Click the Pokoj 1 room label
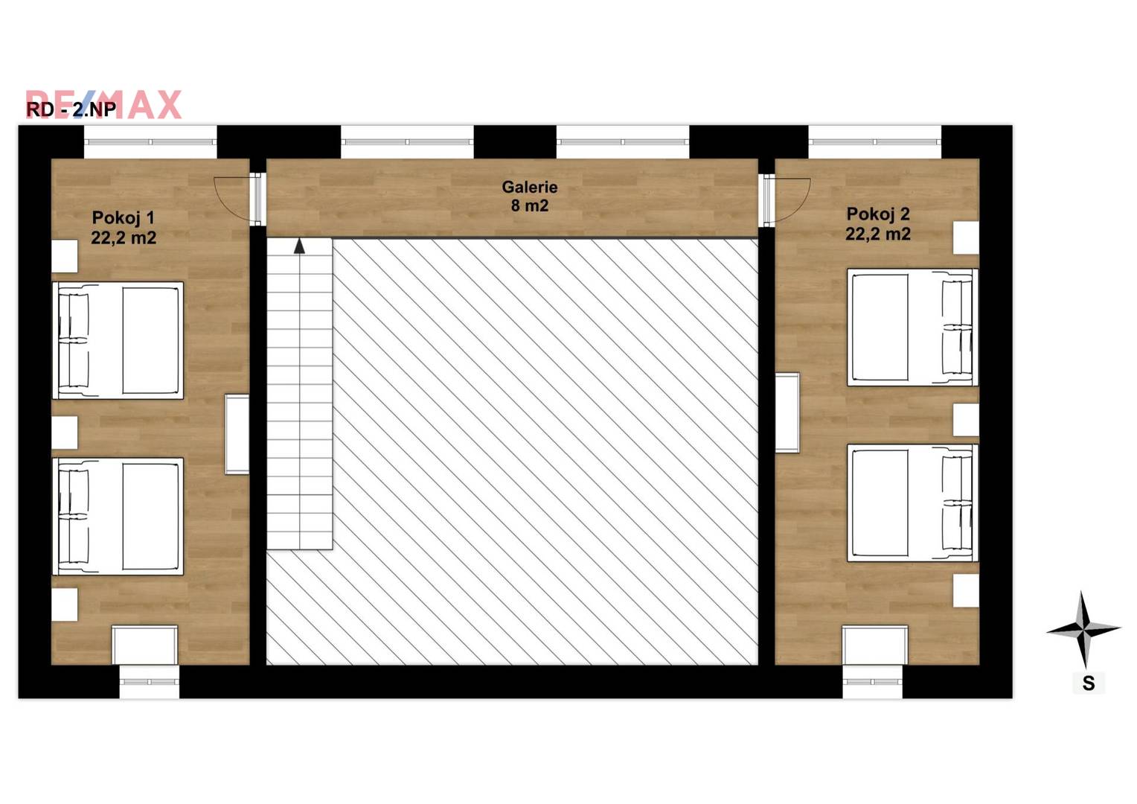(123, 218)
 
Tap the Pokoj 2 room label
(878, 214)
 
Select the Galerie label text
(529, 187)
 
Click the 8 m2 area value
(529, 205)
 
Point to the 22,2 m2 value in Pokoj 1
(124, 237)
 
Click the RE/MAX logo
(103, 105)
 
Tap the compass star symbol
(1083, 630)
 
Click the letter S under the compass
(1089, 683)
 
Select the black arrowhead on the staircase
(299, 246)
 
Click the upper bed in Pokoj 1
(118, 341)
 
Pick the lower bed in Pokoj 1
(118, 517)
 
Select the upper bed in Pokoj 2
(912, 327)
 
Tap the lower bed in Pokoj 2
(912, 502)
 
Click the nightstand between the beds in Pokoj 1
(65, 433)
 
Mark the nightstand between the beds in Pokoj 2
(966, 420)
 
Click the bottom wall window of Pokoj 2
(873, 682)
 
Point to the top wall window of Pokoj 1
(150, 142)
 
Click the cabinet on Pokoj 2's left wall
(787, 412)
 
